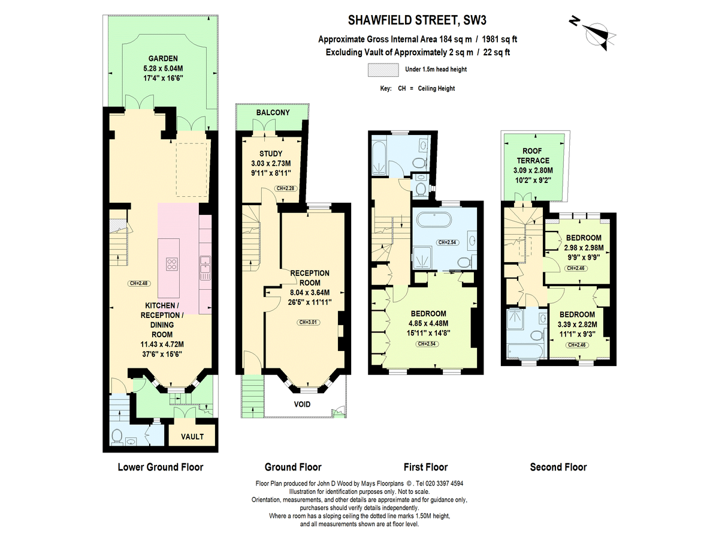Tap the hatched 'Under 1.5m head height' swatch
(383, 70)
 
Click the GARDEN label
(164, 59)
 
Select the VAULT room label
(192, 436)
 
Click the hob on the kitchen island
(171, 264)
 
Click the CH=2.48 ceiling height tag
(140, 284)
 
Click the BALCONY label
(273, 113)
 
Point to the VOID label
(303, 404)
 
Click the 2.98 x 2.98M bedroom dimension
(583, 247)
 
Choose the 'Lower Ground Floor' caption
(160, 467)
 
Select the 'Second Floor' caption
(558, 467)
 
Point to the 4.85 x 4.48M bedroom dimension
(428, 323)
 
